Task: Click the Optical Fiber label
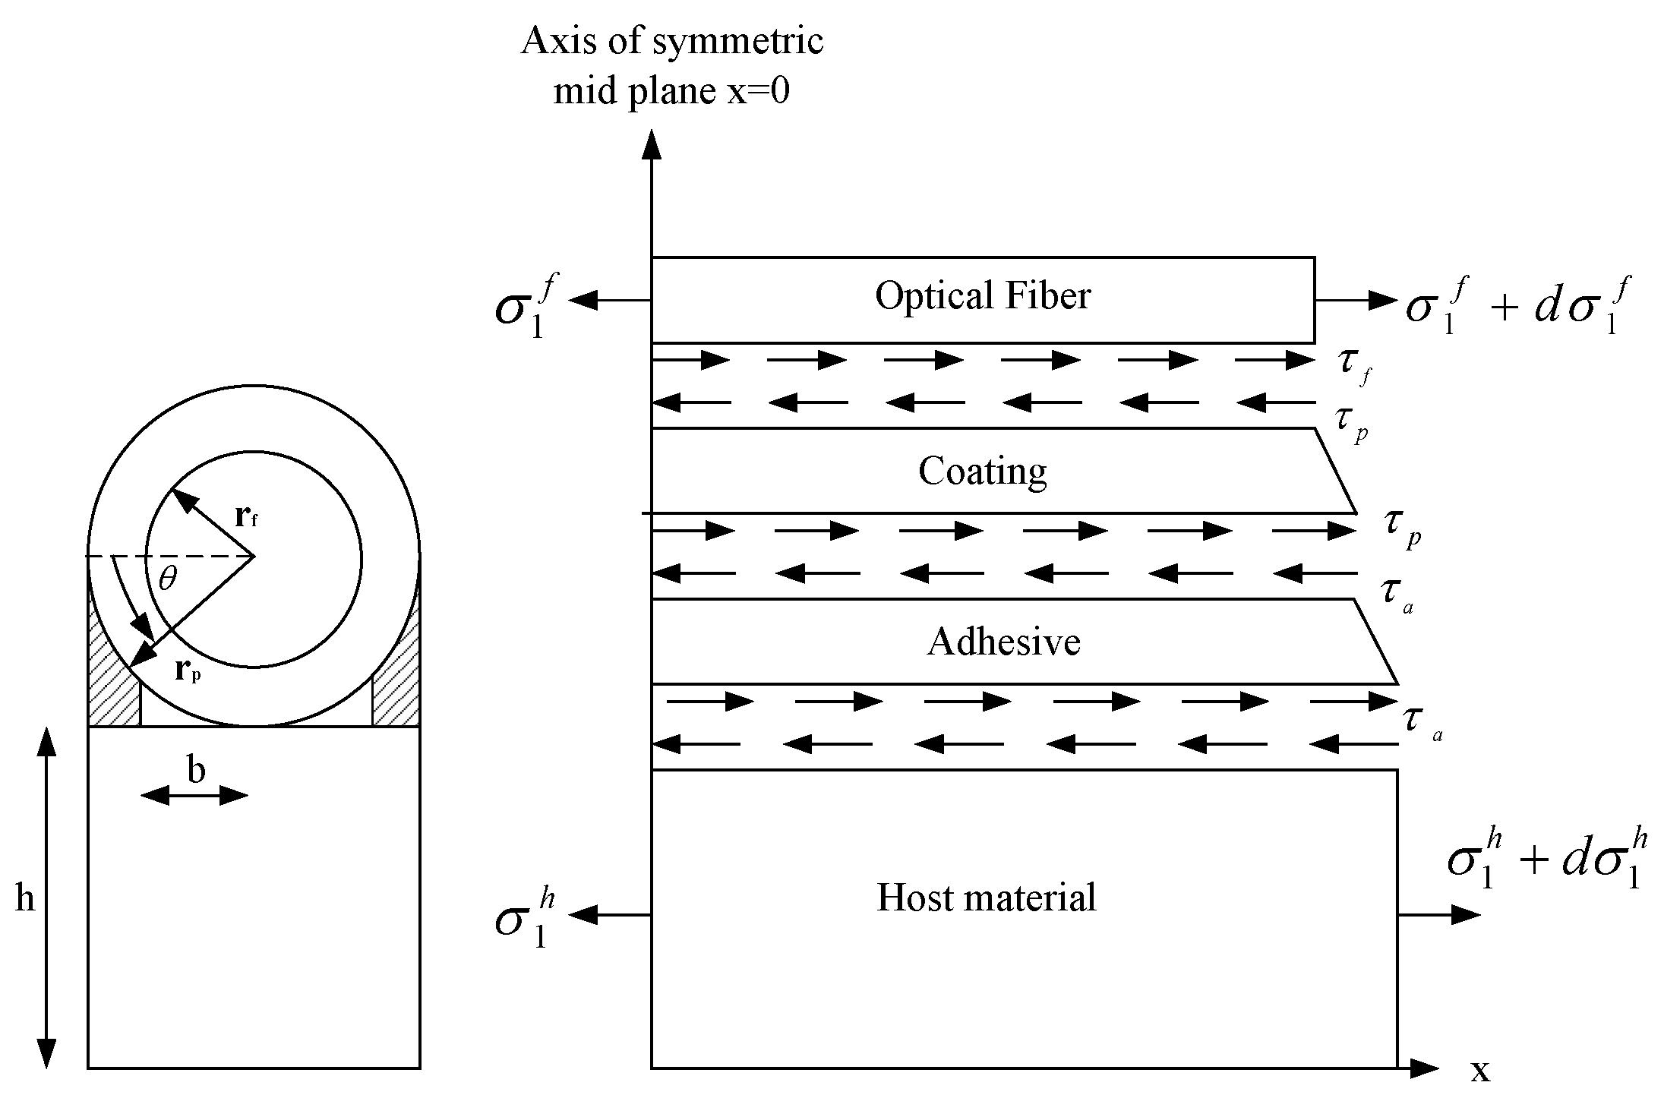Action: (982, 296)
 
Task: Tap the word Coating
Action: (982, 472)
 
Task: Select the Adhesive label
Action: (1003, 642)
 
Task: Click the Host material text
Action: (986, 898)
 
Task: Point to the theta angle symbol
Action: (168, 580)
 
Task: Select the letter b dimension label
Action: (196, 771)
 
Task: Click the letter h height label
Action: (25, 898)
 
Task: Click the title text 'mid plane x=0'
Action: (671, 92)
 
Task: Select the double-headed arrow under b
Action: (194, 796)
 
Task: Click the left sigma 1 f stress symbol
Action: (526, 308)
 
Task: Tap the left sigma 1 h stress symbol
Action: (526, 920)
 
